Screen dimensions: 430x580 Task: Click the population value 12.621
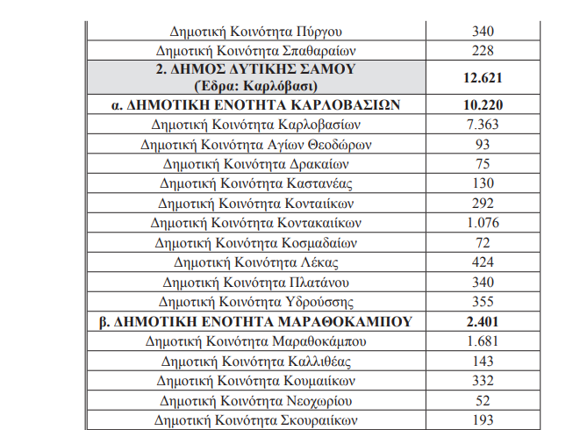pyautogui.click(x=482, y=77)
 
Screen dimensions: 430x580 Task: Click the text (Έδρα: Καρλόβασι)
pyautogui.click(x=257, y=86)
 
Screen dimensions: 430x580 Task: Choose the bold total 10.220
pyautogui.click(x=482, y=105)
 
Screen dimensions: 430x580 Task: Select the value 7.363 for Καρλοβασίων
pyautogui.click(x=482, y=125)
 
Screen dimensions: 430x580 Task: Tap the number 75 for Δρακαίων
pyautogui.click(x=482, y=163)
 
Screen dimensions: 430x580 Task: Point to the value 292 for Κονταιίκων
pyautogui.click(x=482, y=202)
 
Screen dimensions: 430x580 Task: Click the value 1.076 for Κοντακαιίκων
pyautogui.click(x=482, y=222)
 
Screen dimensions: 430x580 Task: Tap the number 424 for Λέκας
pyautogui.click(x=482, y=262)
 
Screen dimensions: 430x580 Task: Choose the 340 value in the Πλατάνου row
pyautogui.click(x=482, y=282)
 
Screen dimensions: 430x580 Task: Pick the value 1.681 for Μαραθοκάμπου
pyautogui.click(x=482, y=340)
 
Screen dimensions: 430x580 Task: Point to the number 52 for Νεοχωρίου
pyautogui.click(x=482, y=399)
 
